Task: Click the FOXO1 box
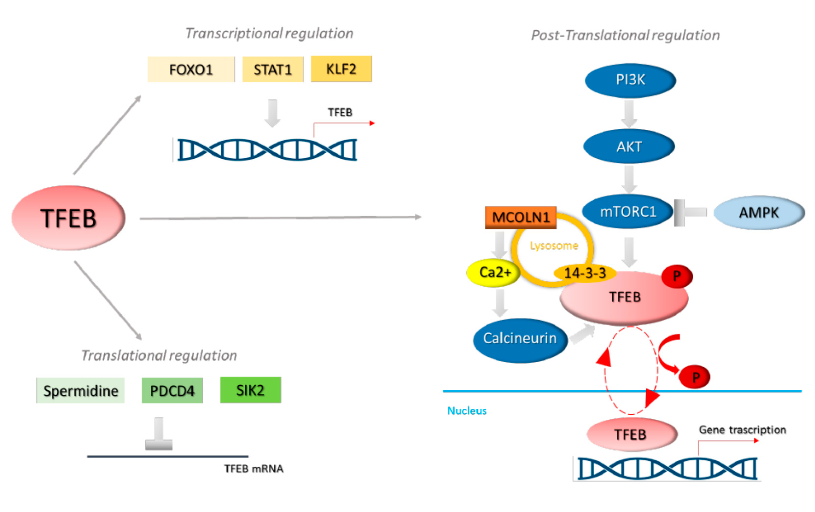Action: tap(191, 70)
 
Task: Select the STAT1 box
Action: tap(273, 70)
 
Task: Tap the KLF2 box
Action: tap(341, 69)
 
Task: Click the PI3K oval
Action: tap(630, 80)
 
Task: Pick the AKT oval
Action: tap(629, 146)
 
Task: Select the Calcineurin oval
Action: tap(520, 338)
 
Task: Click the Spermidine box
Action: tap(81, 391)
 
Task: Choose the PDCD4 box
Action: tap(172, 391)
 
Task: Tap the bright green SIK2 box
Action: tap(250, 390)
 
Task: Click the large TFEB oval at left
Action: tap(68, 218)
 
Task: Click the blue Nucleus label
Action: tap(467, 411)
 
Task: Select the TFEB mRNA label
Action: tap(254, 469)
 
